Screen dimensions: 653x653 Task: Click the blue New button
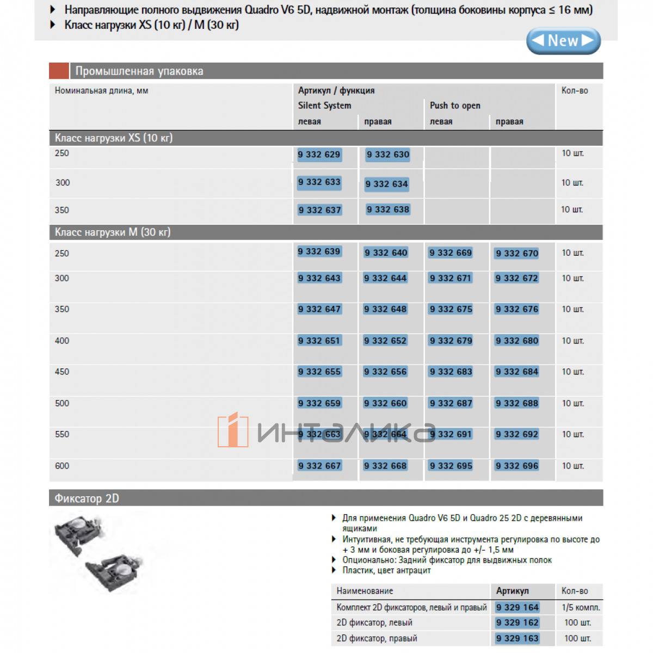tap(563, 41)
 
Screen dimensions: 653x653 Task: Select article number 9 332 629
tap(319, 155)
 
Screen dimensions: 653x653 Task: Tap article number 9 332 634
tap(386, 184)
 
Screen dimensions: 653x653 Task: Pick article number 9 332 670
tap(516, 253)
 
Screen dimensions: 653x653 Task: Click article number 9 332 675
tap(451, 309)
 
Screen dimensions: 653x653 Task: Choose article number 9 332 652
tap(385, 341)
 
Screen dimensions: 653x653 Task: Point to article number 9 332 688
tap(516, 403)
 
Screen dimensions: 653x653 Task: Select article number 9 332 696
tap(516, 466)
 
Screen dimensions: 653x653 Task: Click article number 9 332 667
tap(319, 466)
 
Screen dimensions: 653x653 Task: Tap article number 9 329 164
tap(517, 607)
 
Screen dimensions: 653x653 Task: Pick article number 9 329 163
tap(517, 638)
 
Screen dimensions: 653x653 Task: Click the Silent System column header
tap(324, 106)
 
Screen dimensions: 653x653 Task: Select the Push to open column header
tap(455, 106)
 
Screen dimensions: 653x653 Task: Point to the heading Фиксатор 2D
tap(87, 498)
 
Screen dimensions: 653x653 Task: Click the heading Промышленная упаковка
tap(139, 71)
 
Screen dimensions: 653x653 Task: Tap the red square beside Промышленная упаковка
tap(59, 71)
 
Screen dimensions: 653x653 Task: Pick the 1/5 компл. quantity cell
tap(581, 607)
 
